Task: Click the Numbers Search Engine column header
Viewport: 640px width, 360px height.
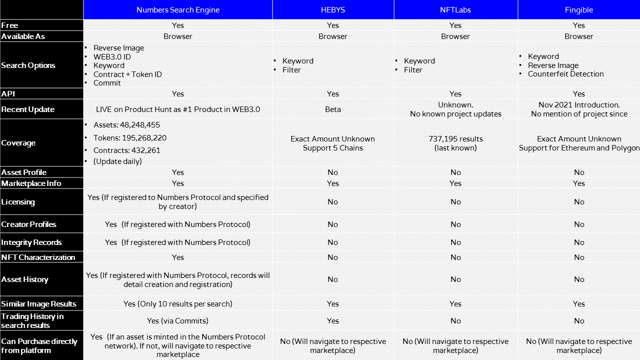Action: tap(178, 10)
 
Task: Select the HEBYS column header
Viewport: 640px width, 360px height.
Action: tap(333, 10)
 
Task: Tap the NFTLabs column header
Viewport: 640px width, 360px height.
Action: tap(455, 10)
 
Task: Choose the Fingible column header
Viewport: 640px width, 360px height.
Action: tap(579, 10)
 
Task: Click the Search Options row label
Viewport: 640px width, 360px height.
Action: tap(28, 65)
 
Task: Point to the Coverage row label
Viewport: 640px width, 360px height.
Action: tap(18, 143)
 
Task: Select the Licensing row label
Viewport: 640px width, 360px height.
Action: tap(18, 202)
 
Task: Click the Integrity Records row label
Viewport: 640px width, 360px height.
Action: tap(31, 242)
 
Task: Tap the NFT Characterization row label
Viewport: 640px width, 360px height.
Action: tap(38, 257)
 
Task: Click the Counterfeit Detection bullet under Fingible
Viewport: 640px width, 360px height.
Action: tap(565, 74)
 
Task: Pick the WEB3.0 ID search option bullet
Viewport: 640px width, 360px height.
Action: tap(112, 57)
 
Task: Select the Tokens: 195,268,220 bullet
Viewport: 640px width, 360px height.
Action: tap(130, 138)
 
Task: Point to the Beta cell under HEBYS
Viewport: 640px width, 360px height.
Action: tap(333, 109)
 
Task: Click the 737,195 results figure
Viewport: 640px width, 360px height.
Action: tap(455, 139)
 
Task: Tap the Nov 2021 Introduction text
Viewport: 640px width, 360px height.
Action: tap(579, 105)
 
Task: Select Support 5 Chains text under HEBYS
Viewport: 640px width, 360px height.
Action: tap(333, 148)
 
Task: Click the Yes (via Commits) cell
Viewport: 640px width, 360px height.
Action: tap(178, 321)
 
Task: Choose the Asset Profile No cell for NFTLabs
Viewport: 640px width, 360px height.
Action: tap(455, 172)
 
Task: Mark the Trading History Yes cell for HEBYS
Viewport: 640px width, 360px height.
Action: tap(333, 321)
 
